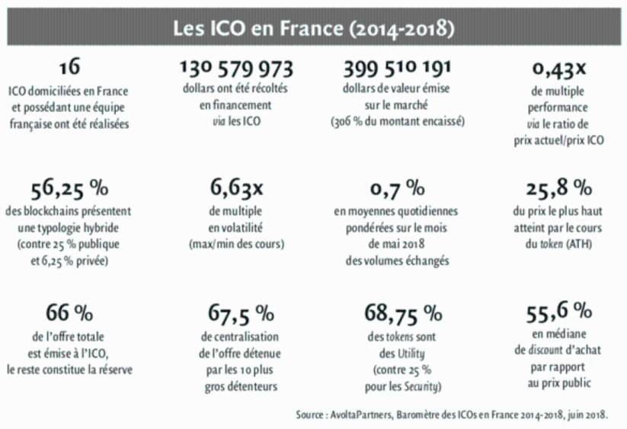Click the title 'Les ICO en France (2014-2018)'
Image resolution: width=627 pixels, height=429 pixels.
tap(313, 28)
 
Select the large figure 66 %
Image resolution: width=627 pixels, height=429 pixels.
tap(69, 312)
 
